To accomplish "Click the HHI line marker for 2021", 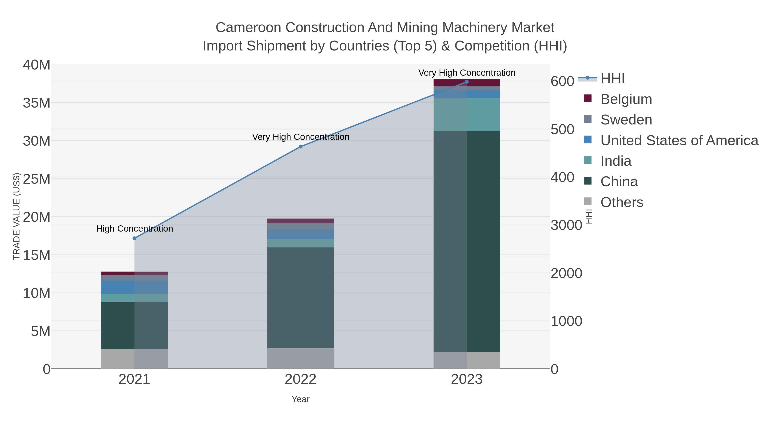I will [135, 238].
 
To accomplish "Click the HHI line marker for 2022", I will [301, 147].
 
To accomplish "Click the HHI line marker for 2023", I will [467, 82].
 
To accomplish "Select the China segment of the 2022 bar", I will [301, 297].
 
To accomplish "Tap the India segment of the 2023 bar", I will [467, 114].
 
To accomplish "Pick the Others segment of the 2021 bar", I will [135, 359].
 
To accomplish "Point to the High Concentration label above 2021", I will [135, 229].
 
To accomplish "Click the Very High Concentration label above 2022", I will [301, 137].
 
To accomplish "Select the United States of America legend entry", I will [679, 140].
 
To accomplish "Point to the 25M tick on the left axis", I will [36, 179].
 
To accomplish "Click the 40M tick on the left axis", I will [36, 65].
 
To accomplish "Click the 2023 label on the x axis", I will [467, 380].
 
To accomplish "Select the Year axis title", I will [301, 399].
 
